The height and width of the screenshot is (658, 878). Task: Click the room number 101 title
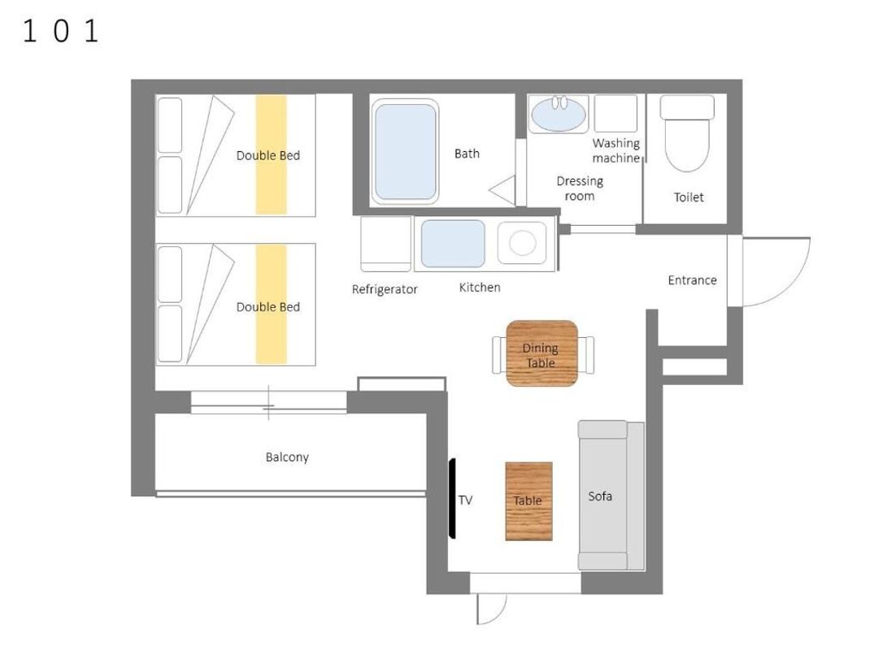(x=60, y=31)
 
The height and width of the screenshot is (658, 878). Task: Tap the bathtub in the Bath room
(x=405, y=151)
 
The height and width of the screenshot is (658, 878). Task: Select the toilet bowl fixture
(x=687, y=134)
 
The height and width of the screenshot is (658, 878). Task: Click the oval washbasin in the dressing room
(x=559, y=115)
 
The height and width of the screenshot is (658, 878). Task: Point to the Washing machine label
(x=616, y=150)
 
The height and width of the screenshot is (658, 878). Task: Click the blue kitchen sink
(x=453, y=244)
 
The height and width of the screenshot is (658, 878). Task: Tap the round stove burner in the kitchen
(x=523, y=244)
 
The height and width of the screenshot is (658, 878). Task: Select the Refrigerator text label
(x=385, y=289)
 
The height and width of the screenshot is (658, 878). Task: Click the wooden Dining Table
(x=541, y=353)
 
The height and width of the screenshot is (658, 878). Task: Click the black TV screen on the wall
(x=452, y=498)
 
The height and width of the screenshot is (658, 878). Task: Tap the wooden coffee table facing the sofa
(x=528, y=500)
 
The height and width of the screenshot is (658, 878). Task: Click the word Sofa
(x=600, y=496)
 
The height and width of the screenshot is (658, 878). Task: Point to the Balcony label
(x=287, y=457)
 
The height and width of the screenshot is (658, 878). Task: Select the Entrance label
(x=692, y=280)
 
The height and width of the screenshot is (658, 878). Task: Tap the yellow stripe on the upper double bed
(x=271, y=155)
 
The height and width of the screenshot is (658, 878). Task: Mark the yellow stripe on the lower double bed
(x=271, y=305)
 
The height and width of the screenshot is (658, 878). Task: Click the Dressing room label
(x=580, y=188)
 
